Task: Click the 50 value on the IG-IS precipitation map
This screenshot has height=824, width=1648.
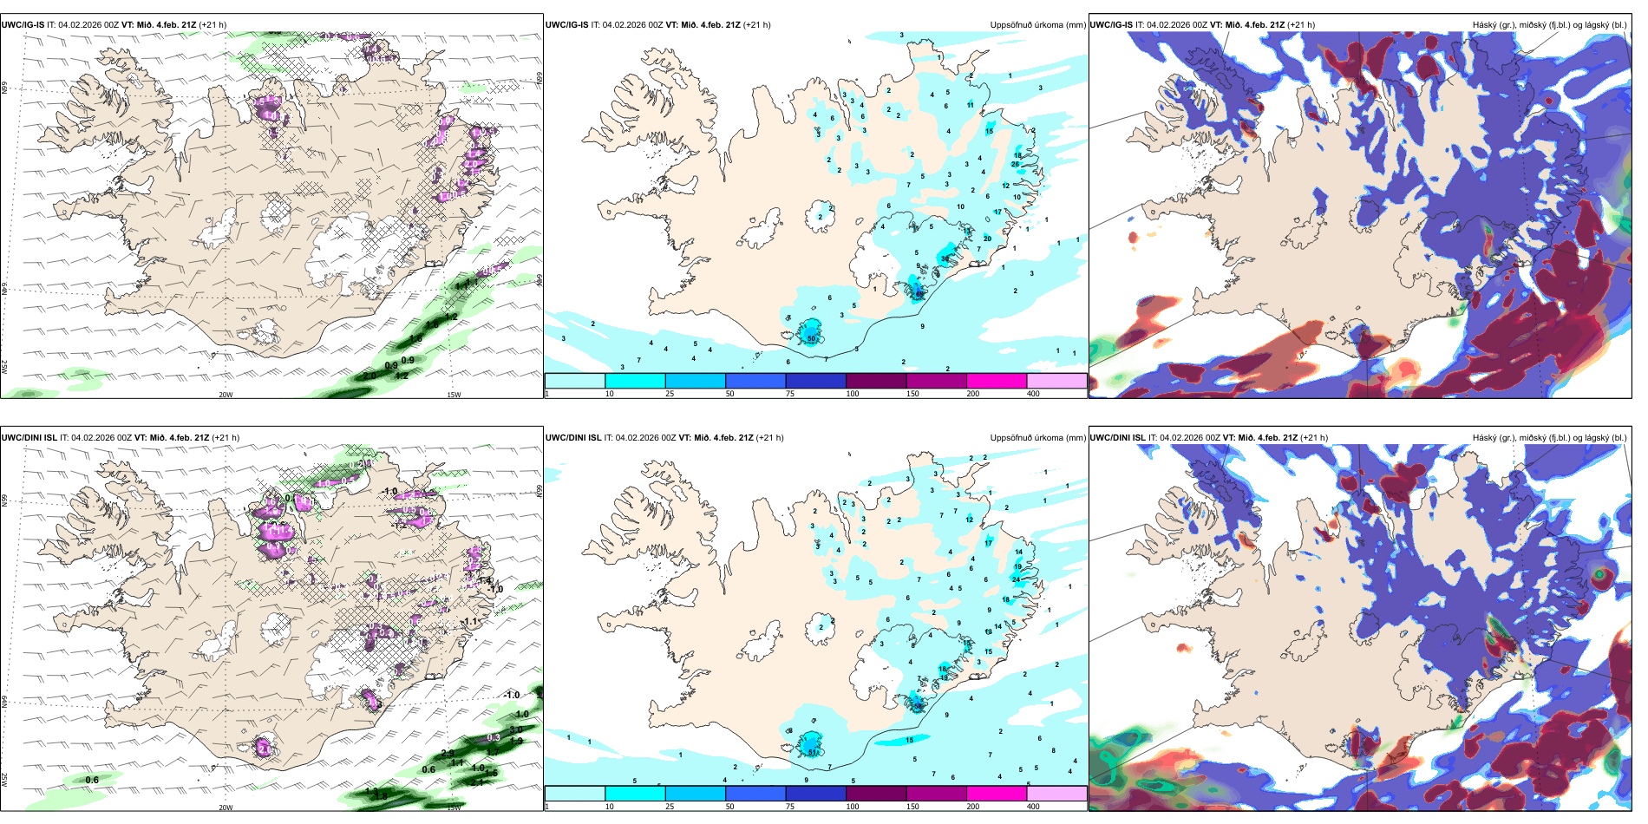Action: tap(812, 338)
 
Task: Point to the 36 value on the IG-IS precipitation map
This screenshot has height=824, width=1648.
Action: tap(945, 258)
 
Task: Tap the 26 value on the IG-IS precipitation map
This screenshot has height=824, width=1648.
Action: tap(1015, 164)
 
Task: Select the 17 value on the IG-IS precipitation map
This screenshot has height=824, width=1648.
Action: tap(997, 212)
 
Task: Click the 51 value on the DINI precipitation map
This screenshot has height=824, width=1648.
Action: tap(813, 752)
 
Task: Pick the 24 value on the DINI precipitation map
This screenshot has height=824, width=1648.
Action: tap(1016, 579)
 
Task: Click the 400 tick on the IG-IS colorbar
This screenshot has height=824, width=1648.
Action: tap(1033, 394)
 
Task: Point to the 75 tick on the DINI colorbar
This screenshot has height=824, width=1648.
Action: tap(789, 807)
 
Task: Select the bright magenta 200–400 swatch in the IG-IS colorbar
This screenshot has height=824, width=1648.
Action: tap(997, 381)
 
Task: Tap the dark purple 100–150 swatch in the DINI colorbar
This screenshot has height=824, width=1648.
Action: tap(876, 794)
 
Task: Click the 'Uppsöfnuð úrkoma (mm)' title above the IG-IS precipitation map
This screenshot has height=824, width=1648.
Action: tap(1037, 25)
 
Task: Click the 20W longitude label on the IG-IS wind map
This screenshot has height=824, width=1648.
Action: tap(226, 395)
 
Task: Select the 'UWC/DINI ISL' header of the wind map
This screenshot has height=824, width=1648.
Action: tap(29, 438)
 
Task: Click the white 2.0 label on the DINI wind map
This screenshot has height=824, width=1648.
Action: tap(264, 748)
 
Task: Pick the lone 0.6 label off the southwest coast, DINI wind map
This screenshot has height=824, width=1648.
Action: tap(92, 780)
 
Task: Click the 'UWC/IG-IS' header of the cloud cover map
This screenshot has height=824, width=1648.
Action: tap(1110, 25)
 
